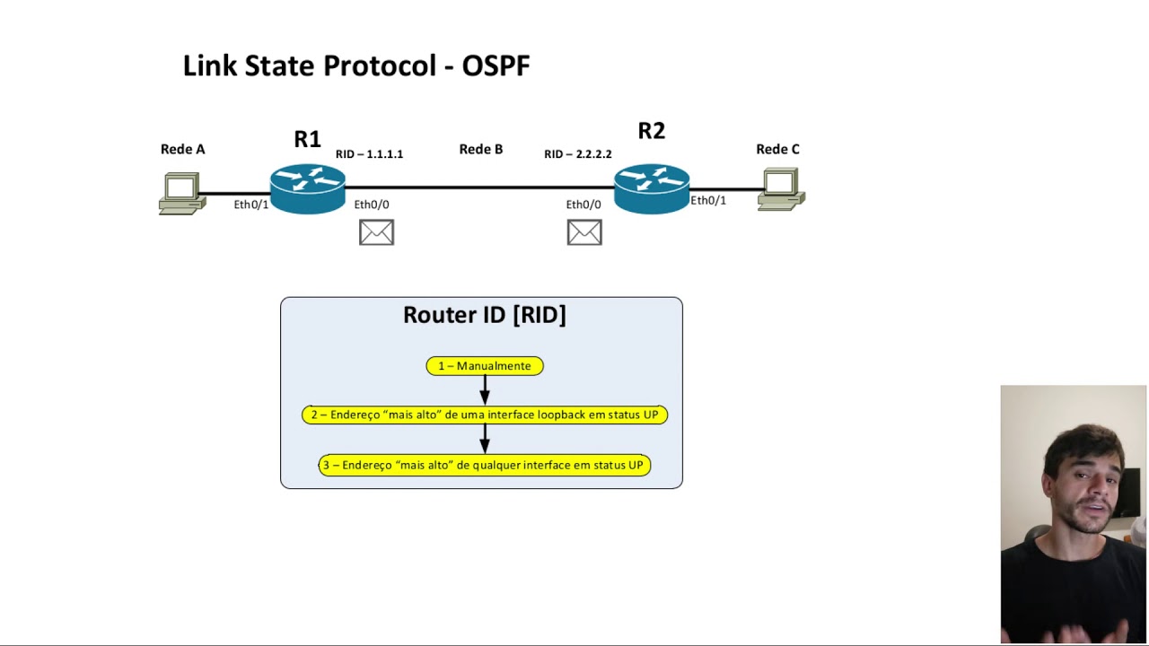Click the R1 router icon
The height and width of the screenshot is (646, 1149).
point(308,188)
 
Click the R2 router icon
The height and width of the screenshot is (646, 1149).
point(652,188)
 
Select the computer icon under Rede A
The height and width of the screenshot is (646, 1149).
point(181,194)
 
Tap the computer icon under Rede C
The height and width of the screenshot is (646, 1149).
point(780,189)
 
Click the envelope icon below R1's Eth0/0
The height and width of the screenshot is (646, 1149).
point(376,233)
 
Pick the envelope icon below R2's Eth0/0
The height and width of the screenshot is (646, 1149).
point(584,233)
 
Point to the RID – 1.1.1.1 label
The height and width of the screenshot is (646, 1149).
point(369,154)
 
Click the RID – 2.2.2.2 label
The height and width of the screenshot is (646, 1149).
point(578,154)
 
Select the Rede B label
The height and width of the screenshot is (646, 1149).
point(481,149)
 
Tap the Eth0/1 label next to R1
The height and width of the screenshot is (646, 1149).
point(251,205)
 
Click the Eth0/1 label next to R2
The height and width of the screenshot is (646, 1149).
point(708,200)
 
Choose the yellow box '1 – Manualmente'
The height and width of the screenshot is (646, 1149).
point(485,366)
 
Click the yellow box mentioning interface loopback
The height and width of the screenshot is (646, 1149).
point(485,415)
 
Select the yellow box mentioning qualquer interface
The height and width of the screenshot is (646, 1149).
point(485,465)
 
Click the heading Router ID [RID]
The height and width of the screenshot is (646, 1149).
point(485,315)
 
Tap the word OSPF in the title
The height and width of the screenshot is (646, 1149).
point(496,65)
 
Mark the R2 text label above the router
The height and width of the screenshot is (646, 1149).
point(652,131)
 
